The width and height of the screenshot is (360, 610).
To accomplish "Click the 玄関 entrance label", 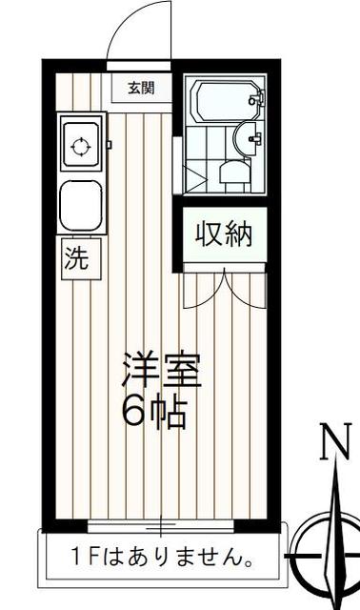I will tap(140, 89).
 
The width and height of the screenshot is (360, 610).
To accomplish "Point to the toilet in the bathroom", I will tap(232, 173).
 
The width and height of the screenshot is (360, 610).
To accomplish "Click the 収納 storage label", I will tap(224, 234).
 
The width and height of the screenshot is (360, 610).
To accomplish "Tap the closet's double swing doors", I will tap(224, 290).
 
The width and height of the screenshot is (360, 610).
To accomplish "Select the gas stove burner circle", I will tap(81, 147).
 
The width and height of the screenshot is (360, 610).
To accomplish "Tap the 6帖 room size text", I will tap(153, 414).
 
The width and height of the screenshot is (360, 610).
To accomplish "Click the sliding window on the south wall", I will tap(161, 525).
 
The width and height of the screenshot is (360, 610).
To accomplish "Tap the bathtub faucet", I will tap(253, 98).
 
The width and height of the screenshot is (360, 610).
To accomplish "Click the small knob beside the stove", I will tap(110, 145).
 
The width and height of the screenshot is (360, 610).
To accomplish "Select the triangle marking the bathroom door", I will tap(197, 178).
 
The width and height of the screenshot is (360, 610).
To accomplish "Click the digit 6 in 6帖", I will tap(132, 414).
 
